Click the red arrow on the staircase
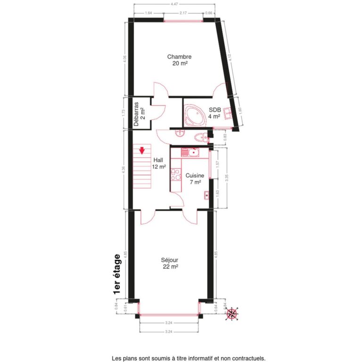click(141, 151)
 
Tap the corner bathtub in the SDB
click(194, 114)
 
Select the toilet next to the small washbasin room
click(201, 138)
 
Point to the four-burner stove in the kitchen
click(175, 175)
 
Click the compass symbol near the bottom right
click(232, 313)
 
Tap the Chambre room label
click(179, 57)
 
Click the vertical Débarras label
click(136, 115)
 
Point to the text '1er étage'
click(117, 275)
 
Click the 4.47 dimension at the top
click(174, 4)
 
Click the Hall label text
click(158, 160)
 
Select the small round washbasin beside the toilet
click(180, 132)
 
